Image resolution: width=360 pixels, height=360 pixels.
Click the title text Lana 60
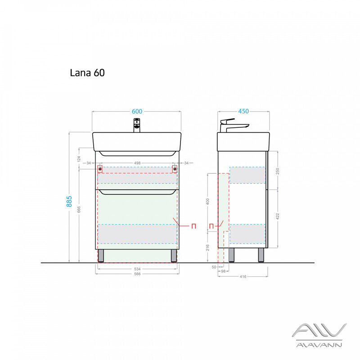tap(87, 73)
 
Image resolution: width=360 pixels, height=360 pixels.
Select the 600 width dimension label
tap(137, 111)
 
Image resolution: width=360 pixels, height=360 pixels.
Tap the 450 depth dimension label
tap(243, 111)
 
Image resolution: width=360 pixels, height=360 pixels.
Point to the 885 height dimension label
tap(69, 201)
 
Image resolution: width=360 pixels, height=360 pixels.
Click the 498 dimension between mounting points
tap(137, 163)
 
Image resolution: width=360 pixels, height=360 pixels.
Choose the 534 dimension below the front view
tap(137, 269)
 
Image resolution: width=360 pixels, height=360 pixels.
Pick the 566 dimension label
tap(137, 274)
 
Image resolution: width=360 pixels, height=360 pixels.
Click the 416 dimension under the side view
tap(243, 277)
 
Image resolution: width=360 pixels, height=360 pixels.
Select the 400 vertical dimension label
tap(207, 202)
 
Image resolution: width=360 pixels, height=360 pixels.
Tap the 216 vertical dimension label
tap(207, 247)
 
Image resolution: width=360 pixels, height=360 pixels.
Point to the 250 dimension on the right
tap(277, 171)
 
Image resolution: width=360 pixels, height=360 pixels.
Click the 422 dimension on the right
tap(277, 216)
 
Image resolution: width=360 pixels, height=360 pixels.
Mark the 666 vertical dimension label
tap(79, 210)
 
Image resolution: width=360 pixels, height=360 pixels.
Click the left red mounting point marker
tap(100, 169)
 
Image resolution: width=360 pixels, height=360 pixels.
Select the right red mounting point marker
tap(175, 169)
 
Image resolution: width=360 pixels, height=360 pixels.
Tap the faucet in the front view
tap(137, 126)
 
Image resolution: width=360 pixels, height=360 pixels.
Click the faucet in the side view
tap(234, 126)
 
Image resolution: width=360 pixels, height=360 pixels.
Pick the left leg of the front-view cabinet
tap(100, 256)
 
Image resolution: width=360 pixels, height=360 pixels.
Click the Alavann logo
tap(319, 335)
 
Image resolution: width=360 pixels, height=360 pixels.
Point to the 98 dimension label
tap(223, 271)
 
